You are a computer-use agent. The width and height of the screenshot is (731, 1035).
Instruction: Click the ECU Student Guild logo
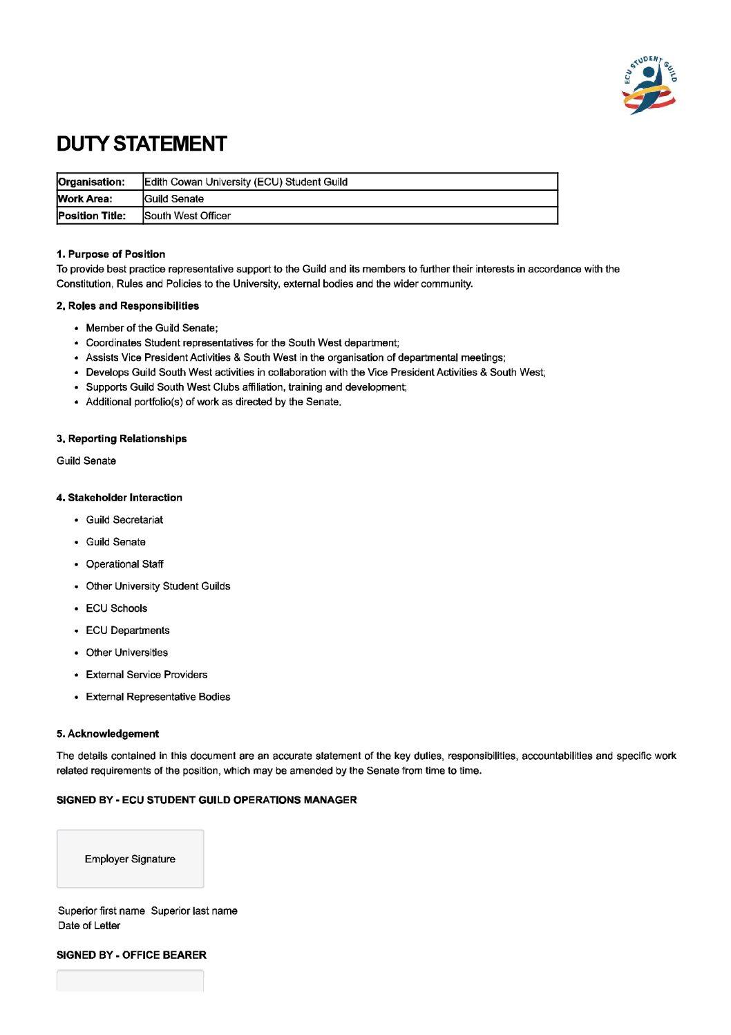point(649,85)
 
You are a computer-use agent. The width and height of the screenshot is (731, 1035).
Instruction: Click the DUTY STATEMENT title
point(142,144)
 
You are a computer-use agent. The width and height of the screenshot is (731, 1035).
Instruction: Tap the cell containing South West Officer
point(350,216)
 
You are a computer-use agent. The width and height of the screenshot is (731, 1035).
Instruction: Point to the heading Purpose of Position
point(111,254)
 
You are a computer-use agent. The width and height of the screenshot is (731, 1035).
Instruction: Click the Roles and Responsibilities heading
point(128,306)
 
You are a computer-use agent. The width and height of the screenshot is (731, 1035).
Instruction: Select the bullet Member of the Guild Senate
point(151,328)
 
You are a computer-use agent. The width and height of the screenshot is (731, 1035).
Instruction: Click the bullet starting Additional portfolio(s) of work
point(213,402)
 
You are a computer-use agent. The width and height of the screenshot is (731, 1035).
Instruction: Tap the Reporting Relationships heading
point(122,439)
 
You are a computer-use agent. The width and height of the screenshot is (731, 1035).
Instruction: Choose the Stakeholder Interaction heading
point(120,498)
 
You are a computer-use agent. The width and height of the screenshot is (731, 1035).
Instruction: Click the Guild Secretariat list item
point(124,520)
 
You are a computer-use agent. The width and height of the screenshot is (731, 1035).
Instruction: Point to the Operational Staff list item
point(124,564)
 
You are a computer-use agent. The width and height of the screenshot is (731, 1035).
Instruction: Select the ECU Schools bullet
point(116,608)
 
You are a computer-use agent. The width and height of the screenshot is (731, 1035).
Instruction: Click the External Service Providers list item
point(146,675)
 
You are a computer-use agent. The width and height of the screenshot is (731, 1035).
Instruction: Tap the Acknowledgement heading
point(108,734)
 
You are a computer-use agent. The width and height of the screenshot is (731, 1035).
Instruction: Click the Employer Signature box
point(130,859)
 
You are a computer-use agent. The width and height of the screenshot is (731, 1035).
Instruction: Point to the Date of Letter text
point(89,926)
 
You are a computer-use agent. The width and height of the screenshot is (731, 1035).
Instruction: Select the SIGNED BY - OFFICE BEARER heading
point(131,955)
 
